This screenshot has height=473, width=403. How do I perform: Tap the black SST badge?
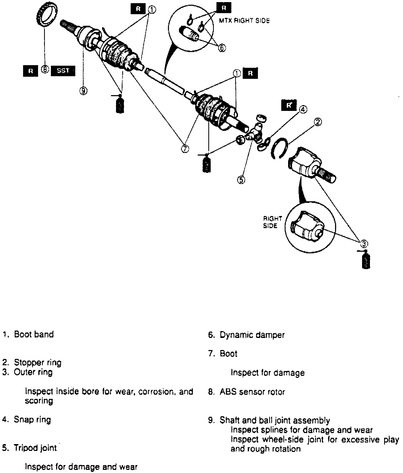point(63,71)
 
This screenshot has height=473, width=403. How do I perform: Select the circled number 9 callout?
point(83,91)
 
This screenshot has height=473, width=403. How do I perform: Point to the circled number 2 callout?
point(318,122)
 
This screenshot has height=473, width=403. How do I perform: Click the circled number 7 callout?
point(185,149)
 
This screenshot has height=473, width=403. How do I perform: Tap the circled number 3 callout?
point(364,244)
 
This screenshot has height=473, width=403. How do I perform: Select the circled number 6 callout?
point(222,48)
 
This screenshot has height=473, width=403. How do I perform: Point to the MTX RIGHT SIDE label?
point(244,21)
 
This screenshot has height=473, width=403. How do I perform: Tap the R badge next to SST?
point(31,71)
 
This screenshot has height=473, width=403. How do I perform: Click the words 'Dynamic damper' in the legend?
point(252,335)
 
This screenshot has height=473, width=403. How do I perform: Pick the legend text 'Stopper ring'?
point(38,363)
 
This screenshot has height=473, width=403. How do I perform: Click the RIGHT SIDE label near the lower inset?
point(272,222)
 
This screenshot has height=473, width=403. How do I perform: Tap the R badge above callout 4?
point(289,105)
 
